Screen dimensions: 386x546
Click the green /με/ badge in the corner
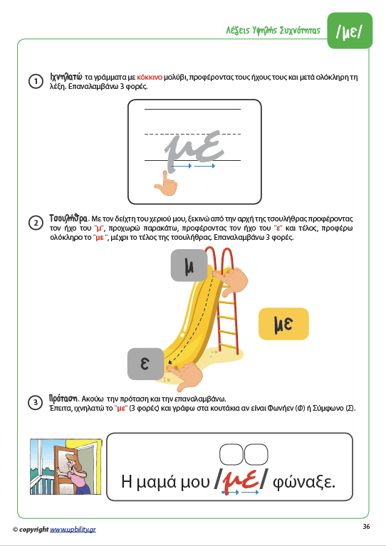point(350,31)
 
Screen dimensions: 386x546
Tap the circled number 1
point(35,81)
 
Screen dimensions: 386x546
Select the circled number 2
point(35,224)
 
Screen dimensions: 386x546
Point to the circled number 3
point(35,403)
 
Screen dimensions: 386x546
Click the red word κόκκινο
point(150,78)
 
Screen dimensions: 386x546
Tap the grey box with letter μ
point(189,266)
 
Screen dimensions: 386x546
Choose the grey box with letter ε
point(145,364)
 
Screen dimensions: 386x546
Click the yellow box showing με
point(283,324)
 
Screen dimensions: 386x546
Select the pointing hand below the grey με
point(166,183)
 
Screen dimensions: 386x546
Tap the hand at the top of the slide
point(231,279)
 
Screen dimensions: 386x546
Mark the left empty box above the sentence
point(231,454)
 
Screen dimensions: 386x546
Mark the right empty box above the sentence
point(256,454)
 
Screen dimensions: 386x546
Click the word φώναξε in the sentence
point(304,482)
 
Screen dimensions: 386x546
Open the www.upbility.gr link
point(73,530)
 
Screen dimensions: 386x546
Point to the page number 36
point(366,527)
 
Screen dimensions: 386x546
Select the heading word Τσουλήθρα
point(68,219)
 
